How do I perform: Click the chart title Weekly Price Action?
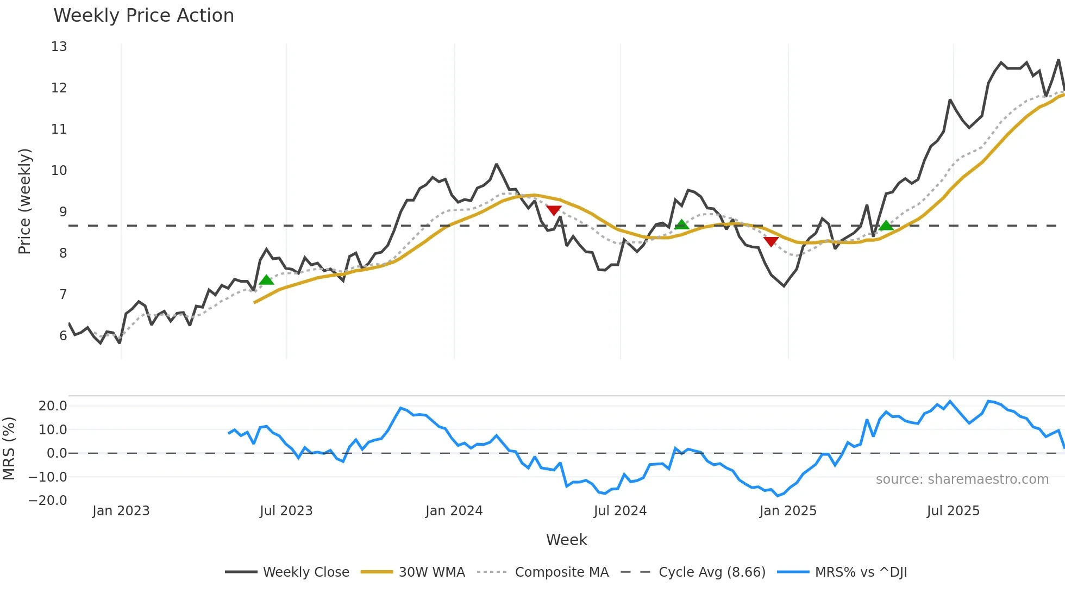coord(143,16)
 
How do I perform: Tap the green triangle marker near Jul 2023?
coord(266,280)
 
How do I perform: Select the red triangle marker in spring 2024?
coord(554,210)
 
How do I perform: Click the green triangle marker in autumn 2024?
coord(681,224)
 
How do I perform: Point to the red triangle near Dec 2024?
coord(770,241)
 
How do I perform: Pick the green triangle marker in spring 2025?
coord(886,226)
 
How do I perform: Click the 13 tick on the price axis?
coord(59,47)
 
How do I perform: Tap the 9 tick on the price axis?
coord(63,212)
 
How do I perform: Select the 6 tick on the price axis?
coord(63,336)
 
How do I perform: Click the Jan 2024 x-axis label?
coord(454,511)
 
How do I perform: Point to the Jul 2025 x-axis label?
coord(953,511)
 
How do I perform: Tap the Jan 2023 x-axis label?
coord(121,511)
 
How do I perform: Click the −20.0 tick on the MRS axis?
coord(48,501)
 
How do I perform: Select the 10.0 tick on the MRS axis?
coord(53,430)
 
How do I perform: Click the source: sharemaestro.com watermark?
coord(962,479)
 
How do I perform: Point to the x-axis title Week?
coord(566,540)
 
